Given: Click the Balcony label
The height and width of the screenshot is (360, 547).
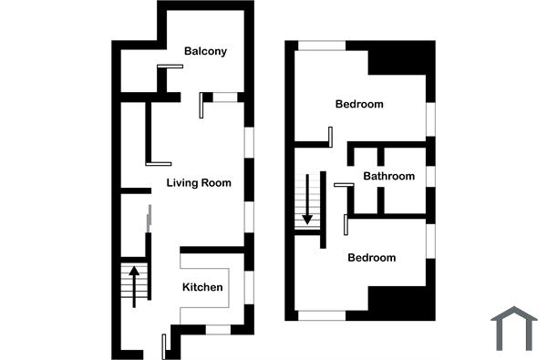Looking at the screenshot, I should point(205,51).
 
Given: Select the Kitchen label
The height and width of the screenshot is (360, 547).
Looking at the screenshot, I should point(202,287).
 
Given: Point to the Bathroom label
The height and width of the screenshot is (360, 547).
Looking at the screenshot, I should point(389,176).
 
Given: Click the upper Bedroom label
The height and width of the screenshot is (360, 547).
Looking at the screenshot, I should point(359,104).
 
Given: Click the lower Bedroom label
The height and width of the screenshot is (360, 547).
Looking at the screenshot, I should point(372,258).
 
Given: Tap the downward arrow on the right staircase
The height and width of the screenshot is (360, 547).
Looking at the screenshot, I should point(308,199).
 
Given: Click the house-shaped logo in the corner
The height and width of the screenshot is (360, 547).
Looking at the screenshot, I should point(513,328).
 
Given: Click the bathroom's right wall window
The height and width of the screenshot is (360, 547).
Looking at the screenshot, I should point(430,175).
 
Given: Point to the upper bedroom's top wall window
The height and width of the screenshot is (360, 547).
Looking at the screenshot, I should point(322,45).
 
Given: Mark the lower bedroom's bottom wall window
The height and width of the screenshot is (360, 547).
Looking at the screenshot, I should point(322,316).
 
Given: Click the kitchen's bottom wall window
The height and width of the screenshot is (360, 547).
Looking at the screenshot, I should point(217,329).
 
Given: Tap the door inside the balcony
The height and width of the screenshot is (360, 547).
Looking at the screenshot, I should point(170,66).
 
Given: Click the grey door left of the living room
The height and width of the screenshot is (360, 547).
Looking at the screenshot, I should point(149,219).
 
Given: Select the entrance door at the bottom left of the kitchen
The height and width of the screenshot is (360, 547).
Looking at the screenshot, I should point(164,345).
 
